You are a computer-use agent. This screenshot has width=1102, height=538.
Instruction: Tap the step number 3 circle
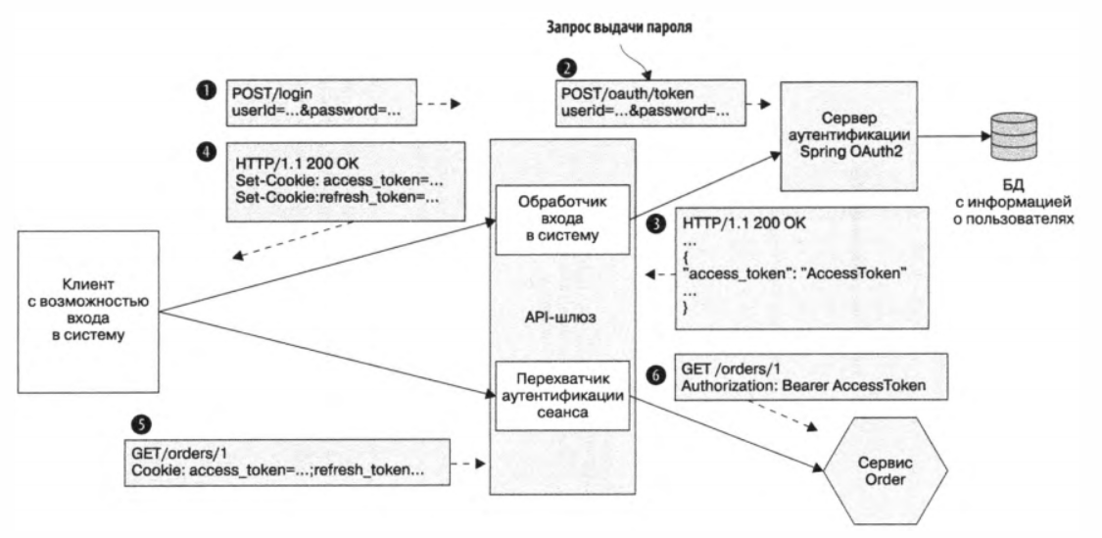pyautogui.click(x=654, y=223)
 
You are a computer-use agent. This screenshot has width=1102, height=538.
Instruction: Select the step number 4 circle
pyautogui.click(x=208, y=154)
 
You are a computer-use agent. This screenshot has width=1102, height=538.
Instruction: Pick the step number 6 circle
pyautogui.click(x=654, y=373)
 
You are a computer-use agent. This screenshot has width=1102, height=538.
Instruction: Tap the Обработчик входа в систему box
pyautogui.click(x=561, y=219)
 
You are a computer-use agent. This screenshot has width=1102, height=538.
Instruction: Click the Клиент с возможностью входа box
pyautogui.click(x=88, y=310)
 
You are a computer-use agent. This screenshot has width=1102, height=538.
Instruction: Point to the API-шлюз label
pyautogui.click(x=560, y=316)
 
